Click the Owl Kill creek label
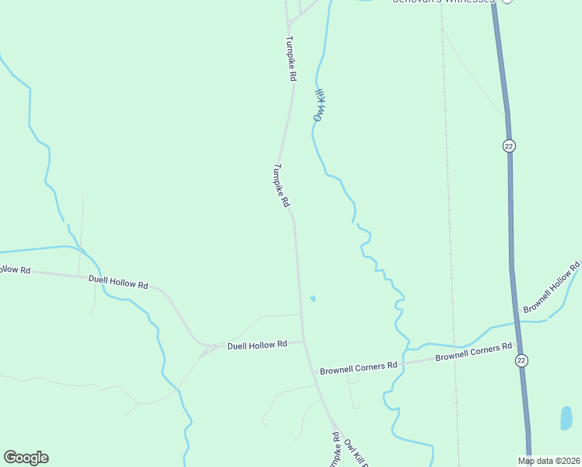(319, 105)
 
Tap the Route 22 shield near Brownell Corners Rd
(520, 360)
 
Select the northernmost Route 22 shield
(509, 146)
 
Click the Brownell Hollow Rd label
(552, 289)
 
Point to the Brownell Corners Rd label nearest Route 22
(473, 352)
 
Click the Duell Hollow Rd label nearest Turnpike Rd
(257, 344)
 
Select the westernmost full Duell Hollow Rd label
(117, 282)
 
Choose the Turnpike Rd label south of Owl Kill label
(282, 184)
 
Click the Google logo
(26, 458)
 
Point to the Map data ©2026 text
(549, 461)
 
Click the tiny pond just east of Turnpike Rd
(313, 298)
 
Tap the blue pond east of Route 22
(566, 418)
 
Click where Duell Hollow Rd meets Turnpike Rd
(303, 341)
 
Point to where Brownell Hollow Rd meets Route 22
(514, 314)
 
